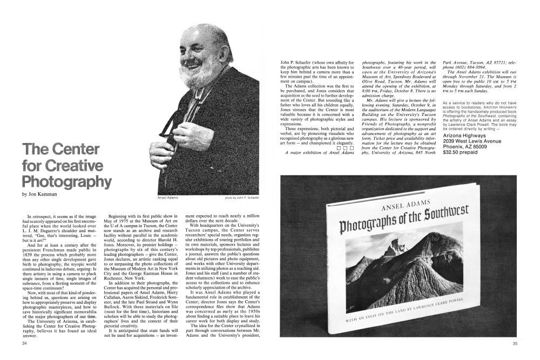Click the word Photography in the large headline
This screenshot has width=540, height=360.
67,181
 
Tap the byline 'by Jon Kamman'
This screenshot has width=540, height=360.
39,193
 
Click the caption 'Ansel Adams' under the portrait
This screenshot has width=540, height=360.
168,198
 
